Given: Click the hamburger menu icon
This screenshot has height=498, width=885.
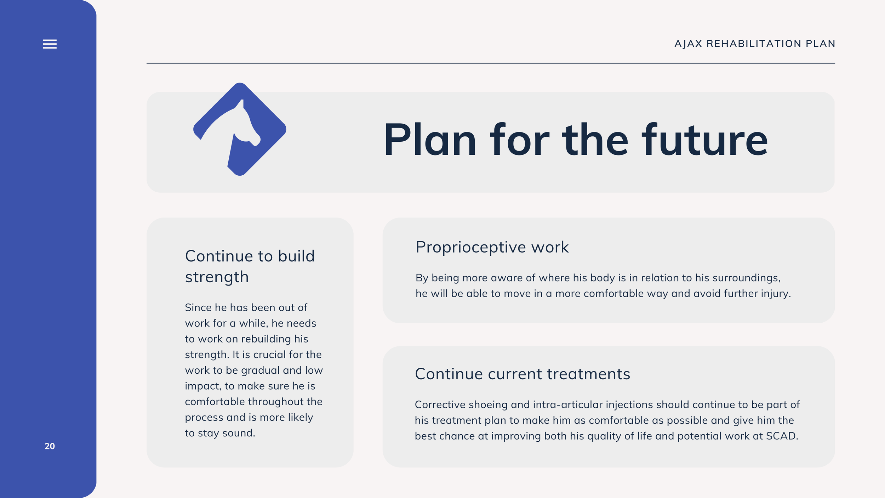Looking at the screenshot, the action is [x=50, y=44].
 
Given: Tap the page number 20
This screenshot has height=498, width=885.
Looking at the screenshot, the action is [x=50, y=446].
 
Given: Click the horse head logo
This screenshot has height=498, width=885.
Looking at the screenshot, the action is [x=240, y=129].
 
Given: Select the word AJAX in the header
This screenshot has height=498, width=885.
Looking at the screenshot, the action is [x=688, y=44].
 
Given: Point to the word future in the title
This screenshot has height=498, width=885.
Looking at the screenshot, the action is [x=705, y=140].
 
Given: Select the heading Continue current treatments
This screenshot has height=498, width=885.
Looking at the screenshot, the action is [x=523, y=374].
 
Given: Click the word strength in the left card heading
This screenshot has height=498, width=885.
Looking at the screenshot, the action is [x=217, y=277].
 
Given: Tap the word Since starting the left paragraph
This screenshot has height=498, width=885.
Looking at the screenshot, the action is [x=198, y=307].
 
